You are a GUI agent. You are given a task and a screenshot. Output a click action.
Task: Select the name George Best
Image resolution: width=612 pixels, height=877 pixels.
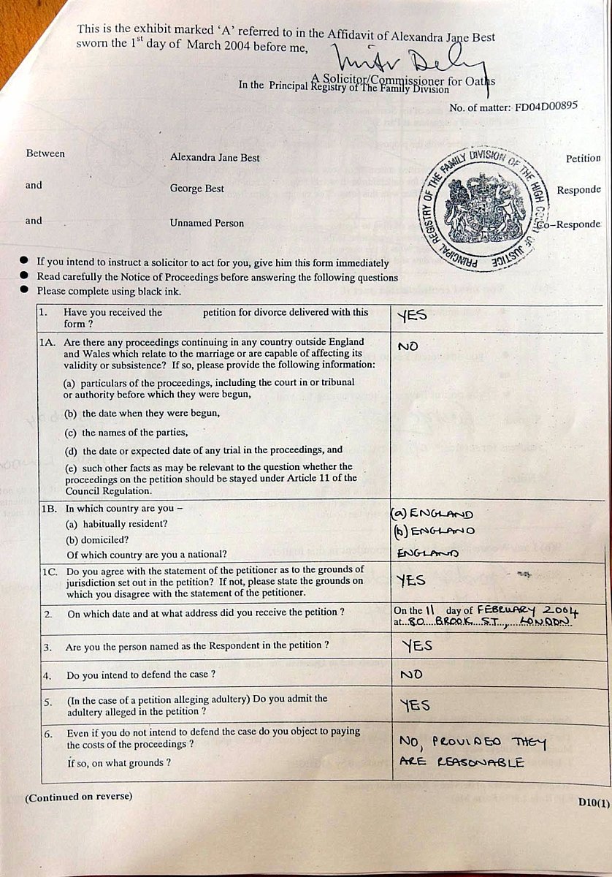(197, 189)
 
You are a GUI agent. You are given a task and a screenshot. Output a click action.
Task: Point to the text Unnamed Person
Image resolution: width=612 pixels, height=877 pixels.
(207, 223)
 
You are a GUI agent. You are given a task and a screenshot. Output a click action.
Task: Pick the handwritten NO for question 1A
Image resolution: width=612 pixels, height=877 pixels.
(408, 346)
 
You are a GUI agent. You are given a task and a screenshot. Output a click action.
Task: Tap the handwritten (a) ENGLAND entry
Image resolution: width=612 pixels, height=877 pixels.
(432, 514)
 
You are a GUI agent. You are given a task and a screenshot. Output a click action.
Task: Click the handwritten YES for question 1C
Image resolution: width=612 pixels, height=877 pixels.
(412, 580)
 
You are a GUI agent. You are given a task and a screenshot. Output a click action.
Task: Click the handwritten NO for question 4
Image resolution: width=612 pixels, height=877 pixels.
(411, 675)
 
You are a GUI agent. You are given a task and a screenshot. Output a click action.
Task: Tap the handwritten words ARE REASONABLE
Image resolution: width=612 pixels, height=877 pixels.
(462, 762)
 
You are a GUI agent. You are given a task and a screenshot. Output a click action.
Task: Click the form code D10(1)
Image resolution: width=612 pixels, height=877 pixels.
(593, 802)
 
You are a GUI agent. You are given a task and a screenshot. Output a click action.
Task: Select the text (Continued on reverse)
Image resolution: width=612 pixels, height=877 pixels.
(79, 796)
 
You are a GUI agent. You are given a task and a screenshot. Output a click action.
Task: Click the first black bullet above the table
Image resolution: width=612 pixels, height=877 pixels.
(24, 261)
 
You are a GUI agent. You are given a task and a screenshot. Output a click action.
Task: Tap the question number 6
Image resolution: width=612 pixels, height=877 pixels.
(47, 734)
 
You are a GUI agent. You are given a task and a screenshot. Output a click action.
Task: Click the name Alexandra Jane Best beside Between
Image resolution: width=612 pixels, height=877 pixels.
(215, 157)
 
